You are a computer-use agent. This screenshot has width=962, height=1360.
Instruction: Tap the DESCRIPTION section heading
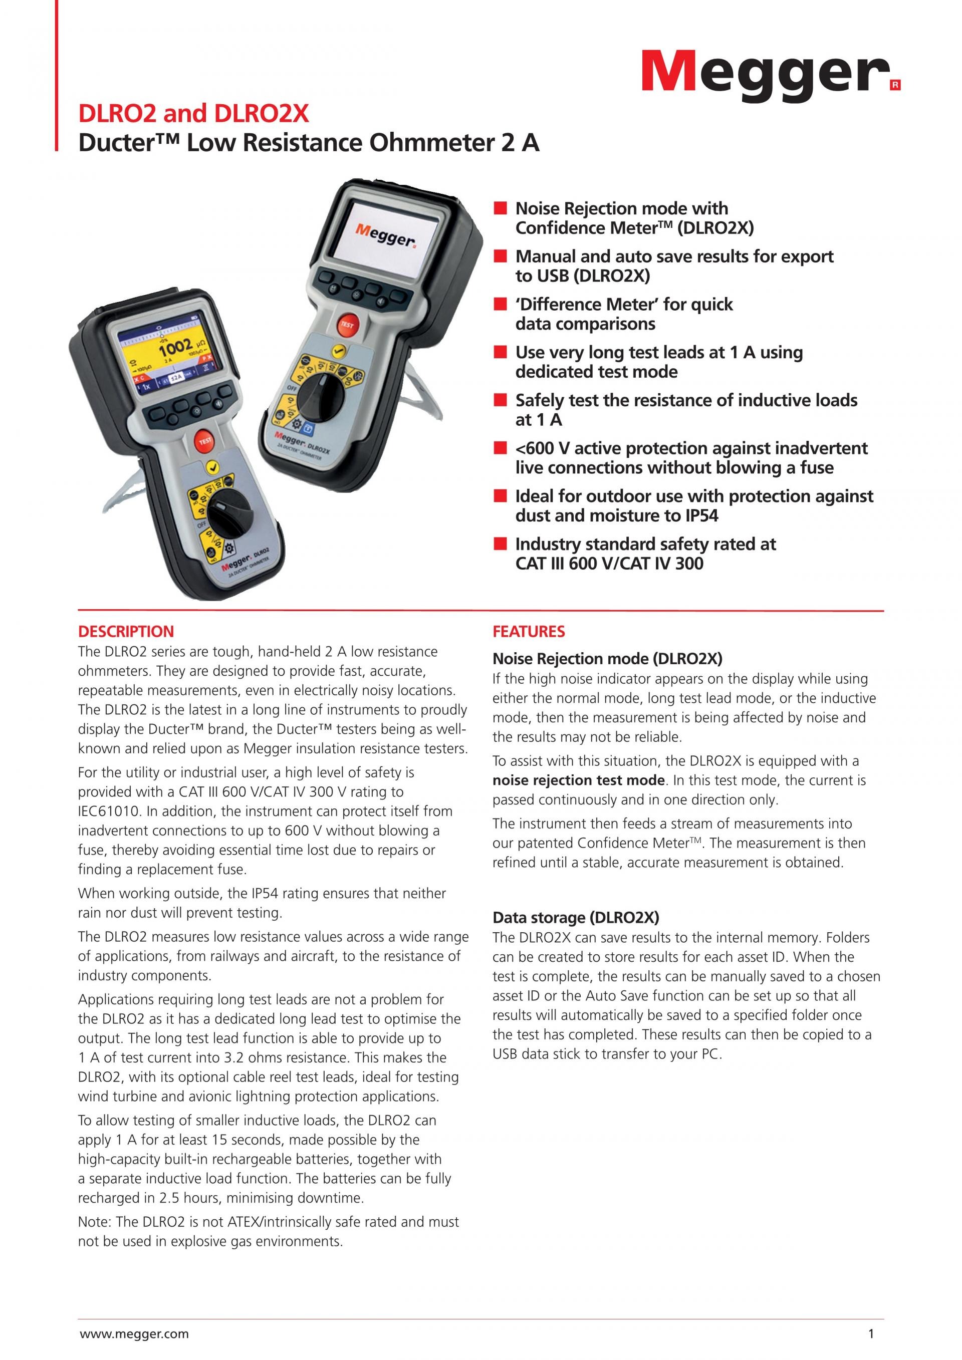click(x=126, y=632)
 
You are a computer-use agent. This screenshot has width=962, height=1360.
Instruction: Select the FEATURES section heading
click(x=529, y=632)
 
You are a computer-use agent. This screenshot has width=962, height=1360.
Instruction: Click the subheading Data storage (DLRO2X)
click(x=576, y=918)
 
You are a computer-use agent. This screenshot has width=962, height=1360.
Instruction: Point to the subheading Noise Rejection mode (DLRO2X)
click(x=607, y=659)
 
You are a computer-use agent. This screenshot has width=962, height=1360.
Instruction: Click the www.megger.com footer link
click(x=134, y=1334)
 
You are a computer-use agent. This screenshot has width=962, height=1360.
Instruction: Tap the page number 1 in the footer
click(x=871, y=1334)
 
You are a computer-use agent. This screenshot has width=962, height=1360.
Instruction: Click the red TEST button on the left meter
click(x=205, y=441)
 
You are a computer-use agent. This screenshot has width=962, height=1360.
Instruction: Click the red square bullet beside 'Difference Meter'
click(x=501, y=305)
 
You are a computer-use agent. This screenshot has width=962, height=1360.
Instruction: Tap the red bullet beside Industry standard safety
click(x=501, y=545)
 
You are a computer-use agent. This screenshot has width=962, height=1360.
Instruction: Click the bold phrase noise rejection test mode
click(x=578, y=780)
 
